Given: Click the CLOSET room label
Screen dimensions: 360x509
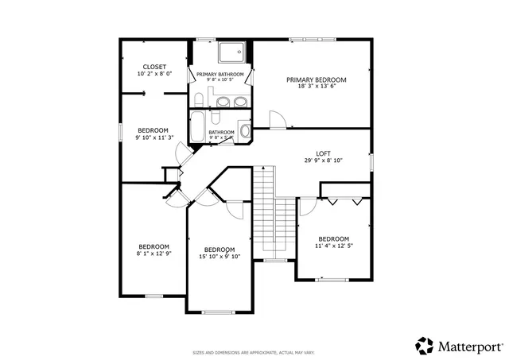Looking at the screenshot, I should click(x=153, y=67).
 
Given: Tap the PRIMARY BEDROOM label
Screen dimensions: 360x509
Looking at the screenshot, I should click(x=317, y=79).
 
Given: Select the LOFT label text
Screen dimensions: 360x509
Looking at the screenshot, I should click(x=323, y=153).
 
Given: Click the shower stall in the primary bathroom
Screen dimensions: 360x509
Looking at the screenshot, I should click(x=232, y=52).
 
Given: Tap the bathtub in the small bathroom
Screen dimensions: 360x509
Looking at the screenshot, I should click(x=198, y=127).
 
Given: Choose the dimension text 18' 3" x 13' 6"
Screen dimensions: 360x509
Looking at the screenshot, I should click(x=317, y=87).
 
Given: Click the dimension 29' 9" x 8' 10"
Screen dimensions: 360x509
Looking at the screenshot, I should click(x=323, y=161).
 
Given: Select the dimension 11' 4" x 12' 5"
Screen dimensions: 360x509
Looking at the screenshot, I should click(x=333, y=246).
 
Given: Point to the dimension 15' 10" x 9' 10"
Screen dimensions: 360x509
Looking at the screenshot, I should click(x=219, y=256).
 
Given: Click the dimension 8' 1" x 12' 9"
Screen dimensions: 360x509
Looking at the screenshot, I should click(x=153, y=254).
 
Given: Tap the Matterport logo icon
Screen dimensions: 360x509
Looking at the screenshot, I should click(x=425, y=346).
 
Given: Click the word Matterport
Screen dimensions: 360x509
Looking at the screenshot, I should click(x=469, y=346).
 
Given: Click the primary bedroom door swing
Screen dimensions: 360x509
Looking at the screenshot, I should click(x=277, y=120).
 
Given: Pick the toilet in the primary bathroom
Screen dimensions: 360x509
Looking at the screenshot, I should click(x=198, y=99).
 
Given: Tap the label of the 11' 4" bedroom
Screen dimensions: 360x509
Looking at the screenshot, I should click(x=333, y=239).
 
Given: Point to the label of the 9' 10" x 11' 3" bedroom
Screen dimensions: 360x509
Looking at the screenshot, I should click(x=153, y=130).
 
